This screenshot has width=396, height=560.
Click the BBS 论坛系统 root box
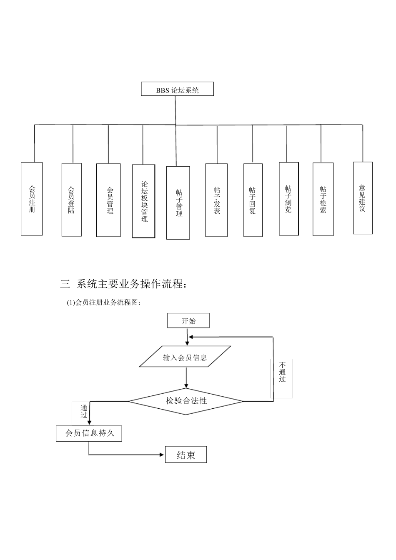tap(177, 89)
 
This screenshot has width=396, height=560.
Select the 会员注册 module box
tap(32, 199)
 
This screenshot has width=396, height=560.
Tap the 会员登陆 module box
tap(71, 200)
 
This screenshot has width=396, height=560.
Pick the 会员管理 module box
tap(108, 200)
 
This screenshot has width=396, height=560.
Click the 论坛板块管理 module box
tap(143, 201)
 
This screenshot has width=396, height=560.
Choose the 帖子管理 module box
tap(178, 203)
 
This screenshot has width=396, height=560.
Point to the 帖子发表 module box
tap(216, 200)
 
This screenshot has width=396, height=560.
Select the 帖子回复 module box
tap(253, 200)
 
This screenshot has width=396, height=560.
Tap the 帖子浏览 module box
tap(288, 199)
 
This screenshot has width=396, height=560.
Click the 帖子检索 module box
tap(323, 200)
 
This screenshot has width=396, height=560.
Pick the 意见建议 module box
tap(362, 198)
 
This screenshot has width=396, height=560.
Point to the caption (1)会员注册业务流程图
tap(104, 303)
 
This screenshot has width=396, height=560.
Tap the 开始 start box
tap(188, 321)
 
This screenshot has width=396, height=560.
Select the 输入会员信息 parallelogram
tap(185, 357)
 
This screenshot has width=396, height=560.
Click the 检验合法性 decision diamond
tap(186, 401)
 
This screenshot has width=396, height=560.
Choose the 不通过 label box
tap(281, 378)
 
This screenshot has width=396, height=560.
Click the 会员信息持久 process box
tap(89, 433)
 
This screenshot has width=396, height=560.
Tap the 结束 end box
tap(186, 455)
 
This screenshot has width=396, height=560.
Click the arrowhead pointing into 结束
tap(163, 455)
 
